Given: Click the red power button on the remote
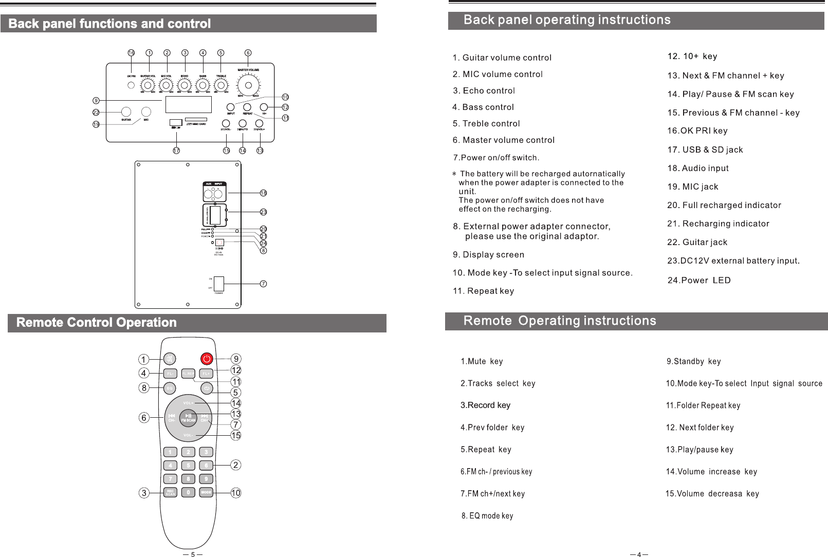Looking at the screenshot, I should click(207, 359).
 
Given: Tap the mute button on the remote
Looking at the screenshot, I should click(170, 359).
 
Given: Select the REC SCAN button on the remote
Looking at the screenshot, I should click(170, 492).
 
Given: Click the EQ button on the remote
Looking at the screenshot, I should click(170, 388).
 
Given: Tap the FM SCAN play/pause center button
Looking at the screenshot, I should click(189, 417).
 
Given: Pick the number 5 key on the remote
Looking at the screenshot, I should click(189, 466).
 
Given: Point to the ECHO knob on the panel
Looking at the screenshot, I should click(185, 85).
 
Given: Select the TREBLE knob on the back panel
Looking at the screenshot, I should click(221, 85).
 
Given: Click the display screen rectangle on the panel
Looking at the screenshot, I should click(188, 104).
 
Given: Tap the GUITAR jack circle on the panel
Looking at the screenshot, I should click(126, 112).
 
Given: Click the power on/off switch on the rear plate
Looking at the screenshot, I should click(219, 284).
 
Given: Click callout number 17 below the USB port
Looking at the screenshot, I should click(176, 151).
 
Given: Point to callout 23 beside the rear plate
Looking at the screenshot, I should click(263, 212).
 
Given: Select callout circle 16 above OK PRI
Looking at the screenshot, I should click(131, 52).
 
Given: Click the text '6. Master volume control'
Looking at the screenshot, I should click(503, 140).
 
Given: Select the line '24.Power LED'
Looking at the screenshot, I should click(698, 280).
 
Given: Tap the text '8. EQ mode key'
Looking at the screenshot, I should click(487, 515).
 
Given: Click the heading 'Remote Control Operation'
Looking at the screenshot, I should click(97, 323).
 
